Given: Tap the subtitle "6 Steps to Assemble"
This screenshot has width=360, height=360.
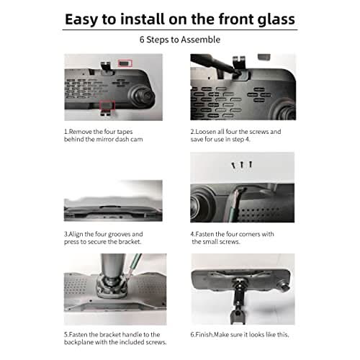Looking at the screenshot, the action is tap(180, 40).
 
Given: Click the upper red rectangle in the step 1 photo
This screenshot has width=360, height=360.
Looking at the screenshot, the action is tap(125, 63).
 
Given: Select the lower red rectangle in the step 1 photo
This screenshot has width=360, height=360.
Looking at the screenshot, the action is tap(107, 105).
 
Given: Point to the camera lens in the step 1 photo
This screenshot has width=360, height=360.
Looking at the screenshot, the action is tap(142, 96).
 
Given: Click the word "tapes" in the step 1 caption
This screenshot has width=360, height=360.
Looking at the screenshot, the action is tap(125, 132).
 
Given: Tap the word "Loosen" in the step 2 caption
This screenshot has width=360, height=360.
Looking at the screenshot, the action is tap(206, 132).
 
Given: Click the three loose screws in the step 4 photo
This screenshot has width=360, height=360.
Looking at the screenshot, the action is tap(242, 165).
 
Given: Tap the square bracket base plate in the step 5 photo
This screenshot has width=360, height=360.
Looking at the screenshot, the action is tap(112, 286).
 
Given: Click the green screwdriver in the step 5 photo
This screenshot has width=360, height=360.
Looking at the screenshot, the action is tap(134, 266).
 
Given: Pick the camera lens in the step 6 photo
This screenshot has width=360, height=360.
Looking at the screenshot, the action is tap(284, 286).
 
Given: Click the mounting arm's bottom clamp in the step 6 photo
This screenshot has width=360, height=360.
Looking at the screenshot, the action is tap(237, 315).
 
